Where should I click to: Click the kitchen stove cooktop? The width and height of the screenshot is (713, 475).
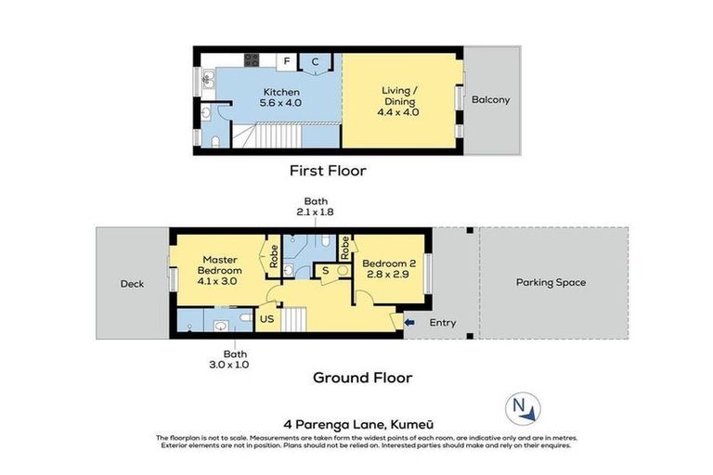pyautogui.click(x=251, y=61)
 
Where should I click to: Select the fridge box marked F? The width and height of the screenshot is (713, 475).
pyautogui.click(x=287, y=62)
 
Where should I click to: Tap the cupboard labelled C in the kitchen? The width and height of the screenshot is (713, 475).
pyautogui.click(x=316, y=62)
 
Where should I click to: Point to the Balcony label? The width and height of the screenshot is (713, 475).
pyautogui.click(x=490, y=99)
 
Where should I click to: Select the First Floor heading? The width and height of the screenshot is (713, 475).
pyautogui.click(x=328, y=171)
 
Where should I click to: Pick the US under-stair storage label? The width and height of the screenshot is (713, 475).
pyautogui.click(x=266, y=318)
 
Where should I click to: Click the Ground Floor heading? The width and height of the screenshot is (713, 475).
pyautogui.click(x=362, y=378)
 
